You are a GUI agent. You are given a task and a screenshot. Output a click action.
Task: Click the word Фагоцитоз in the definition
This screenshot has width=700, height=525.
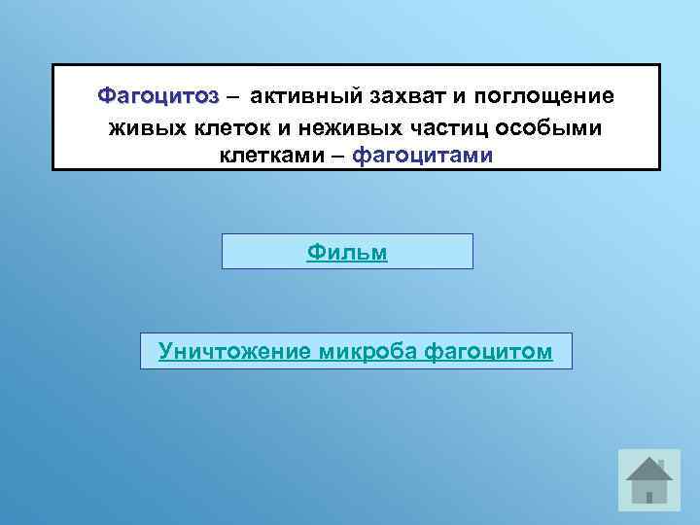coord(157,96)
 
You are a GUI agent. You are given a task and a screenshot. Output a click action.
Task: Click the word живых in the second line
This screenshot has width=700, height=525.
coord(141,126)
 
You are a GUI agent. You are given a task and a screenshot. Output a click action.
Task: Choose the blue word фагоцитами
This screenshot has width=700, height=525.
coord(423,156)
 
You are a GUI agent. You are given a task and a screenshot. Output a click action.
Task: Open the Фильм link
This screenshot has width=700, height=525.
coord(347,252)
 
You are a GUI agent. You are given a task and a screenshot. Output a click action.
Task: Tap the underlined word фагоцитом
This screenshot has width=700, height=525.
coord(489,351)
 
